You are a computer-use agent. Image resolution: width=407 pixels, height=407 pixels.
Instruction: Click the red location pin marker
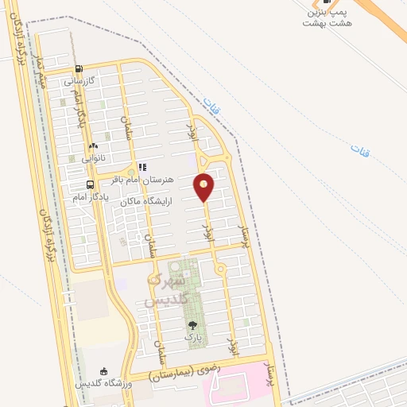(204, 186)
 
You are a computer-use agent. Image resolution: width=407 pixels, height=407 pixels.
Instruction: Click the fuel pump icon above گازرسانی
(78, 69)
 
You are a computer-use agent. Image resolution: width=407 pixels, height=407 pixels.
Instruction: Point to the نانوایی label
(92, 158)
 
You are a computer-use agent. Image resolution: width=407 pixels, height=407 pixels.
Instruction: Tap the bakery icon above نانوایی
(93, 146)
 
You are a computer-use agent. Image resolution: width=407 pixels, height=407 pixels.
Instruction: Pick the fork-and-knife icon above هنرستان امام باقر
(142, 168)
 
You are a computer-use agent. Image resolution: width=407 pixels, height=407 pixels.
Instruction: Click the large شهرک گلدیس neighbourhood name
(169, 290)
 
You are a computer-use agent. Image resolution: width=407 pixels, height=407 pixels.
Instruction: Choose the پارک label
(193, 338)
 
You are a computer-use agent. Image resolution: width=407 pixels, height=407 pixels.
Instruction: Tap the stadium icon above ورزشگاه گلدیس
(103, 371)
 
